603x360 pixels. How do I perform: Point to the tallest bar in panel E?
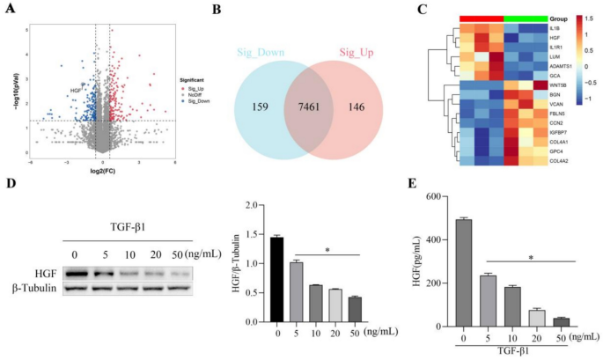(463, 272)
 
